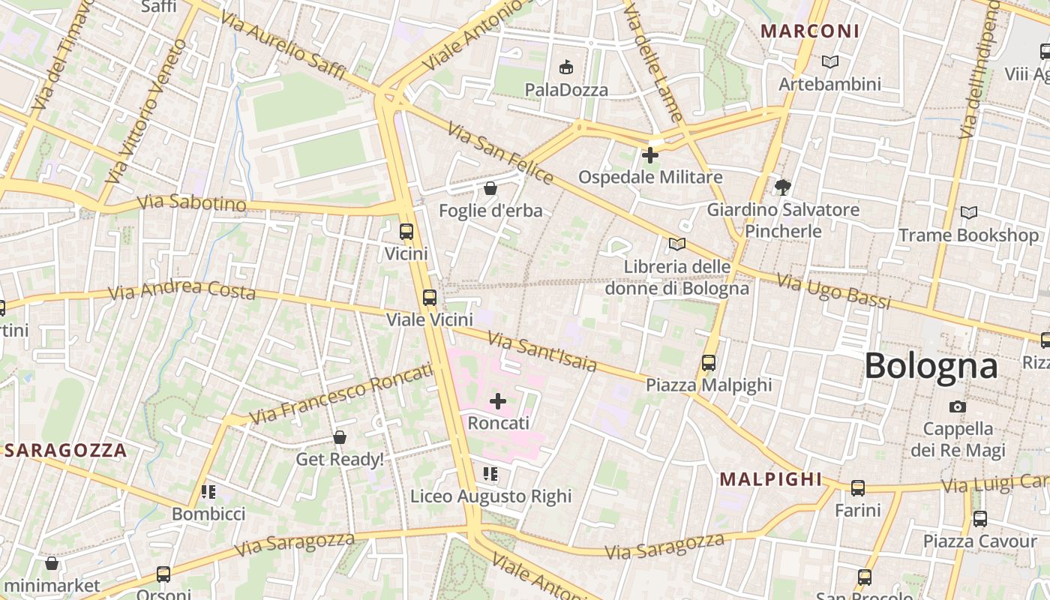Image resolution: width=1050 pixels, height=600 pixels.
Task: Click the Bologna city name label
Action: pyautogui.click(x=931, y=366)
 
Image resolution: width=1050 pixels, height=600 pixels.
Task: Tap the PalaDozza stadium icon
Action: pyautogui.click(x=565, y=67)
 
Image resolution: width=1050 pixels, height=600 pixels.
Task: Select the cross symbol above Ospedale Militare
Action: pyautogui.click(x=650, y=155)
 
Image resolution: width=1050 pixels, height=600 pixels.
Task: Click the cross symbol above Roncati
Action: pyautogui.click(x=498, y=401)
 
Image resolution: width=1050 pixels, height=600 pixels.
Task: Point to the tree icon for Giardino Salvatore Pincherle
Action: pyautogui.click(x=783, y=187)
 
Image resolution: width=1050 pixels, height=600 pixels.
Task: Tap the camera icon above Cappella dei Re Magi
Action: pyautogui.click(x=957, y=406)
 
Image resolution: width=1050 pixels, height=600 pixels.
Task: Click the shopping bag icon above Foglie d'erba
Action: pyautogui.click(x=490, y=188)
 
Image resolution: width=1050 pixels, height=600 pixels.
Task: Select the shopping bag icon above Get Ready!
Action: pyautogui.click(x=340, y=437)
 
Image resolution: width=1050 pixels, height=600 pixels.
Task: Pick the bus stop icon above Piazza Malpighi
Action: pyautogui.click(x=708, y=363)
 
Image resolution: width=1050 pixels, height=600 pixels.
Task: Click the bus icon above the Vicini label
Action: pyautogui.click(x=406, y=232)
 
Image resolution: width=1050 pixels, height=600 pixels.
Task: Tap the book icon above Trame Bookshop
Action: pyautogui.click(x=969, y=213)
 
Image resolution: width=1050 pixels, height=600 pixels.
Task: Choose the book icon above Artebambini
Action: pyautogui.click(x=829, y=61)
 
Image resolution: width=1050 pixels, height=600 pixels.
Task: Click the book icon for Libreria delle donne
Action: pyautogui.click(x=676, y=244)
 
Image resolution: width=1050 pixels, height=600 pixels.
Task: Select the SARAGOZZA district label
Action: pyautogui.click(x=65, y=450)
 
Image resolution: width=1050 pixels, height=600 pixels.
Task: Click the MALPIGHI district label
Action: pyautogui.click(x=770, y=479)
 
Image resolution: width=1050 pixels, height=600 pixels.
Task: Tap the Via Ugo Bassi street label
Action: pyautogui.click(x=833, y=292)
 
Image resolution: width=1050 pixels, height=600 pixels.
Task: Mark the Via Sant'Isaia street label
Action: pyautogui.click(x=542, y=352)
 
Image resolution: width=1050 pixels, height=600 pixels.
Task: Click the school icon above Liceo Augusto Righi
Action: pyautogui.click(x=490, y=474)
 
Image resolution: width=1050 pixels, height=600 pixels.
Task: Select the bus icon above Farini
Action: pyautogui.click(x=857, y=488)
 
